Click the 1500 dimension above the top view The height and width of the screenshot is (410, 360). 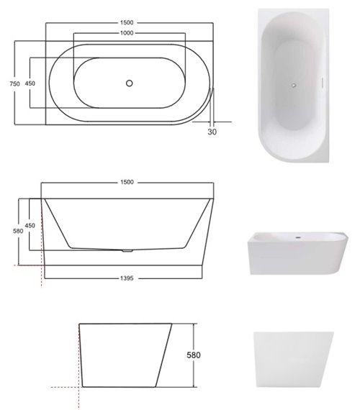tap(127, 22)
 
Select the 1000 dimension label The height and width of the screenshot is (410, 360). tap(127, 34)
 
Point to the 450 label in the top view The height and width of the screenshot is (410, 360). tap(30, 83)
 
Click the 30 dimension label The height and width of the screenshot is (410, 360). tap(212, 132)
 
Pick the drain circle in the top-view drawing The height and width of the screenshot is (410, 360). tap(129, 83)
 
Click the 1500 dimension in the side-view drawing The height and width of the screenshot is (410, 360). tap(127, 182)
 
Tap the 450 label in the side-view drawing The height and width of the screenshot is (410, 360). tap(30, 225)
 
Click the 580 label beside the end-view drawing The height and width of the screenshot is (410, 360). tap(205, 354)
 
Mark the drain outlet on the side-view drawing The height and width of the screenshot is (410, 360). tap(127, 250)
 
